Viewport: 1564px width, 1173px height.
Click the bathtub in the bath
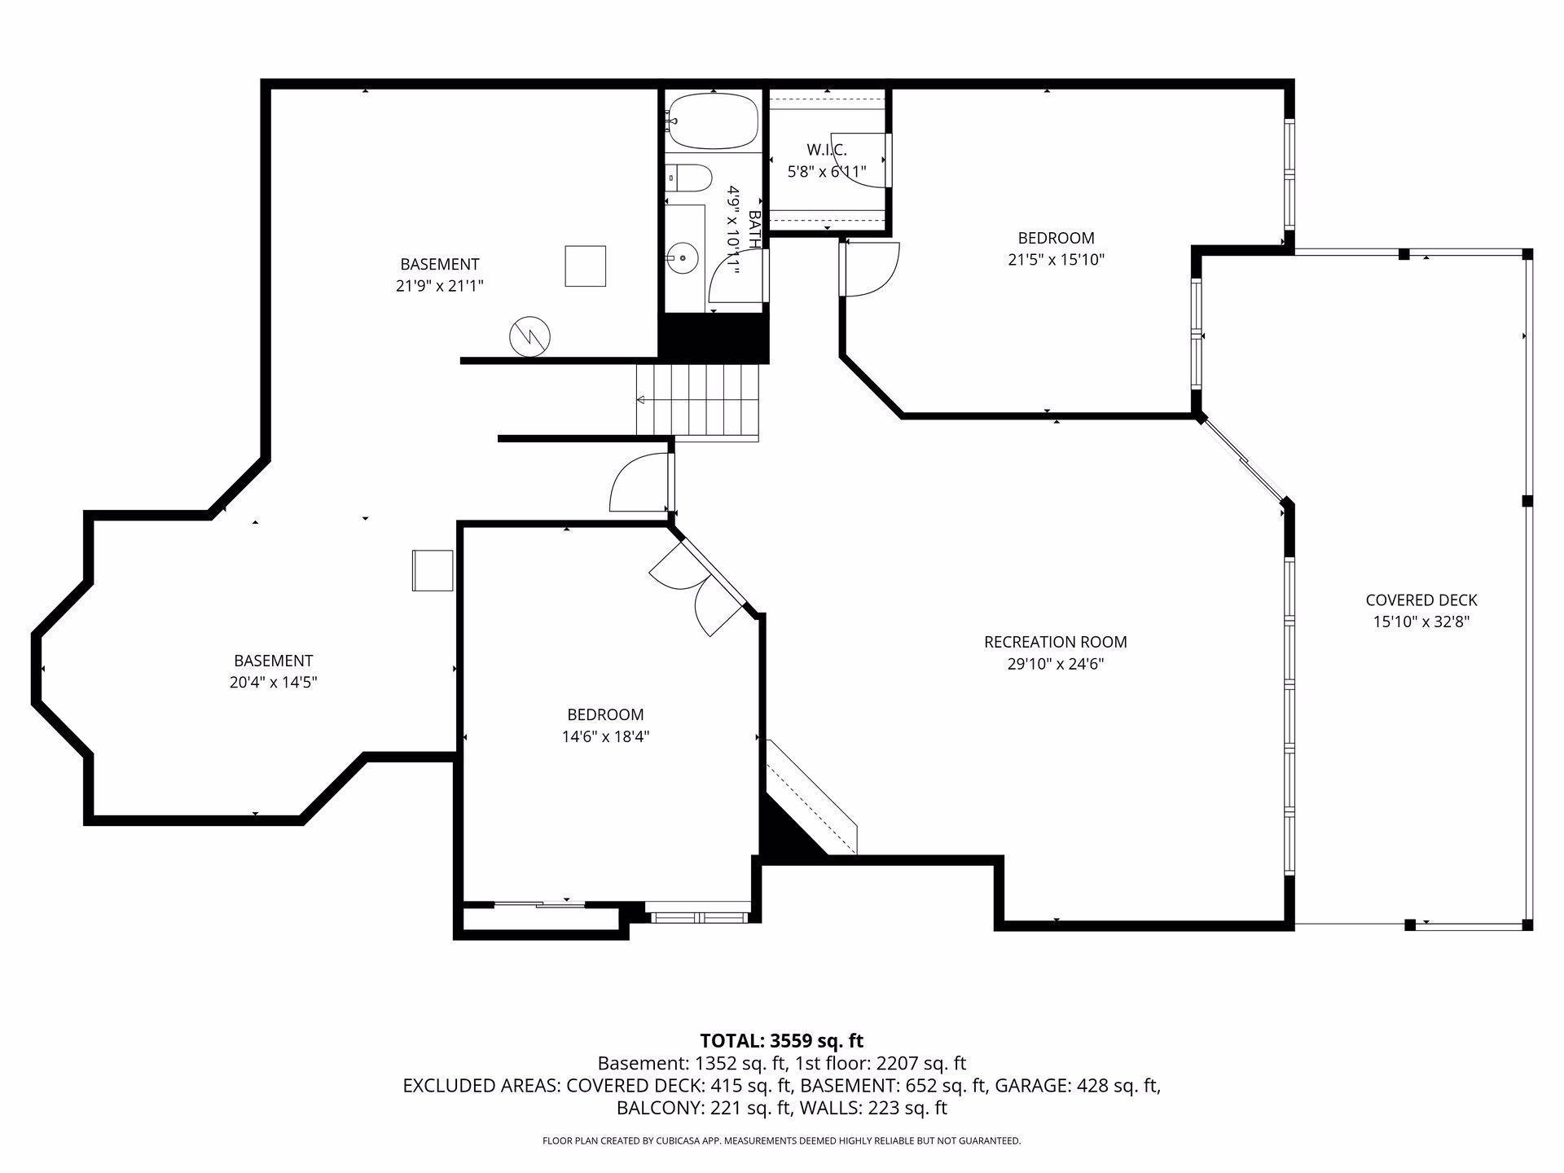click(712, 121)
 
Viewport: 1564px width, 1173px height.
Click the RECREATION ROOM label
click(1056, 642)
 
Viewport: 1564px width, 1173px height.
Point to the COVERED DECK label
click(1421, 600)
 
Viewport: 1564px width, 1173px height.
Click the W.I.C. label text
click(827, 150)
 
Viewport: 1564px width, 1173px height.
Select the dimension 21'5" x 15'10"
click(1056, 260)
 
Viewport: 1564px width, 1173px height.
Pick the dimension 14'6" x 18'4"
click(605, 736)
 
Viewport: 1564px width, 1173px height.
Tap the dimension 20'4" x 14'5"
click(273, 683)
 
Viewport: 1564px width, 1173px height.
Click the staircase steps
click(697, 401)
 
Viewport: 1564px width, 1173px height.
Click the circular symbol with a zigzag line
click(529, 336)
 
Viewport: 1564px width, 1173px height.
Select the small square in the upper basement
click(586, 266)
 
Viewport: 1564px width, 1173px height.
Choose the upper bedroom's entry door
click(870, 270)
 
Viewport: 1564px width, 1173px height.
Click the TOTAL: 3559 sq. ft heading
click(781, 1040)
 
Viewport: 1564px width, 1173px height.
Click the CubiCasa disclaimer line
click(781, 1140)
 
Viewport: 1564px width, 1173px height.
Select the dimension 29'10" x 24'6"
click(1056, 664)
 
